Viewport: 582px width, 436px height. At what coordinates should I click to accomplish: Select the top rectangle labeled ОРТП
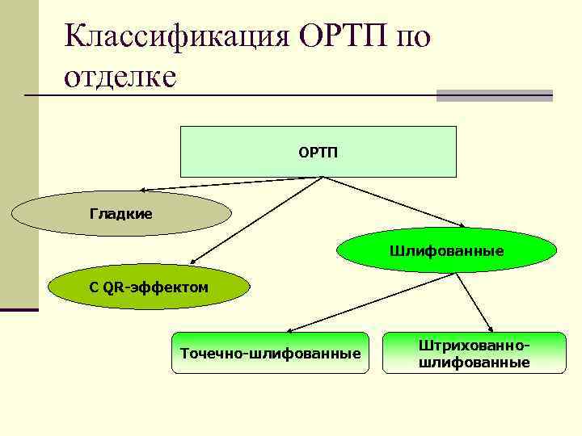tap(318, 152)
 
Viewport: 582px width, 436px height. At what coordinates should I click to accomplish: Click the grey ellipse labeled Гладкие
tap(121, 214)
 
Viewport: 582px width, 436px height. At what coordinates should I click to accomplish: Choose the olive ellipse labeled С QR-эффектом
tap(149, 287)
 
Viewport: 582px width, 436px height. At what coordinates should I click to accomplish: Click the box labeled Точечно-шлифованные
tap(270, 353)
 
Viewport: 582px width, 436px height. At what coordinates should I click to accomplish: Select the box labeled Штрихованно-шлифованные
tap(474, 353)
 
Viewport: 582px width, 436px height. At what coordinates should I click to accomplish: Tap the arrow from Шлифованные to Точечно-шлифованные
tap(372, 303)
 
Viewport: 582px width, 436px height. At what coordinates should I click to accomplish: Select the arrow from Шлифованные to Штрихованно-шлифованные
tap(475, 300)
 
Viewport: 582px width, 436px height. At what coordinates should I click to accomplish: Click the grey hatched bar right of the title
tap(494, 95)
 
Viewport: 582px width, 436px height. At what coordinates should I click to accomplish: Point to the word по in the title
tap(414, 36)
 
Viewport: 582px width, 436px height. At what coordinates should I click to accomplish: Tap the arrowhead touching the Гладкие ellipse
tap(142, 190)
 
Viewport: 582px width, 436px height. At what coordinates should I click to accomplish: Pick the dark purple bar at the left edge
tap(19, 309)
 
